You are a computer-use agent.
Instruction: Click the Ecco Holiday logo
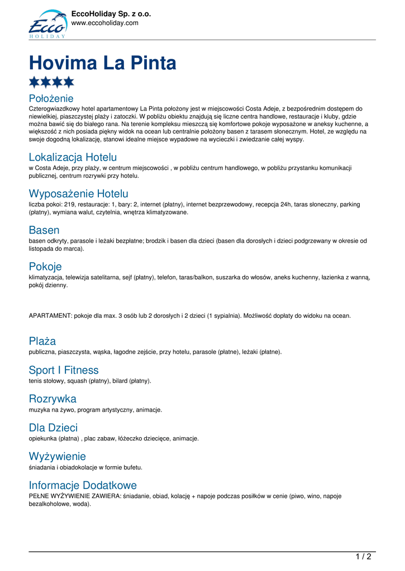47,24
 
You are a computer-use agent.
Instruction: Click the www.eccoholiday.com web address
104,23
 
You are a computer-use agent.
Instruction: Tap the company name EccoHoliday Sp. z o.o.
111,14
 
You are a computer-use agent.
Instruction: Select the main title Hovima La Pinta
102,63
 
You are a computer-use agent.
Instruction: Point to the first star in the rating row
35,83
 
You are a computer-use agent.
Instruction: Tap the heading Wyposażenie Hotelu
78,193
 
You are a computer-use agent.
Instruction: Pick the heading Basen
44,230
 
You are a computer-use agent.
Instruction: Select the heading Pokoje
45,266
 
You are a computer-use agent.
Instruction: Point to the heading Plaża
42,341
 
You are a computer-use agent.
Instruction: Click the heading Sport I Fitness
64,370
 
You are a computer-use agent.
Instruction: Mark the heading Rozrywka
53,399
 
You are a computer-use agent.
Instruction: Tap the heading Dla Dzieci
53,428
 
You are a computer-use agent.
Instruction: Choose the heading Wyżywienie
58,456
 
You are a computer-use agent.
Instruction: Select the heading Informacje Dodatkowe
83,485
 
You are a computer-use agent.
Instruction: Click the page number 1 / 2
363,556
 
